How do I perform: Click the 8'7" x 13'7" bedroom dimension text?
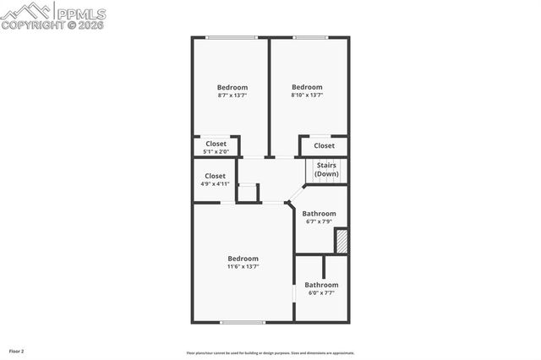click(232, 95)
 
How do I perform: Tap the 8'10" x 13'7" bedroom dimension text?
click(307, 95)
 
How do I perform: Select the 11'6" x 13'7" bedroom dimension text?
click(243, 266)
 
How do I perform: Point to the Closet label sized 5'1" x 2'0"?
click(216, 144)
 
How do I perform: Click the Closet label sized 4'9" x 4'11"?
click(215, 176)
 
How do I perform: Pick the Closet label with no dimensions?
click(325, 145)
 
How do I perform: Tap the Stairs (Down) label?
click(327, 169)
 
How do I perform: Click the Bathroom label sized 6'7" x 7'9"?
click(320, 214)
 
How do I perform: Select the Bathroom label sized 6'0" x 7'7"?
click(321, 285)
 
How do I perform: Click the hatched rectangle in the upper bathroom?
click(342, 240)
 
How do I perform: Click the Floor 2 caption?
click(17, 350)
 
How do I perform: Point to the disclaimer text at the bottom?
click(270, 353)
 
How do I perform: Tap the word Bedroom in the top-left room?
click(232, 87)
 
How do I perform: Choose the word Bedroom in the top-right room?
click(307, 86)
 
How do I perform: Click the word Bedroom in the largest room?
click(243, 258)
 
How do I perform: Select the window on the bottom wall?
click(243, 322)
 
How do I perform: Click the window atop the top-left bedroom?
click(232, 37)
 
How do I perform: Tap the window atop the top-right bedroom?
click(310, 37)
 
